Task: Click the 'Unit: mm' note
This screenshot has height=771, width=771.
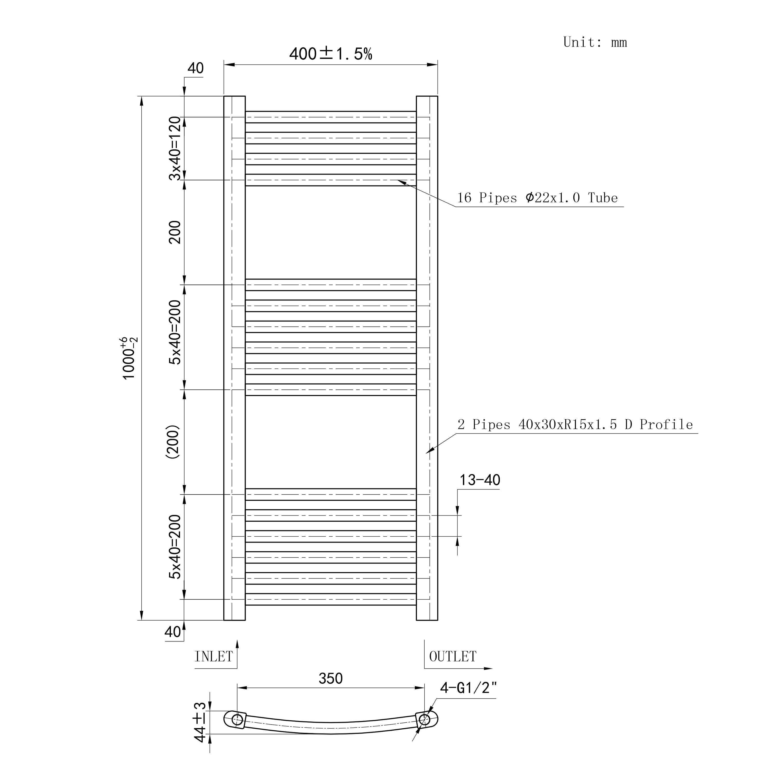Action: (x=595, y=42)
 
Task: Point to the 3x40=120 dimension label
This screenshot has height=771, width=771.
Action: (x=175, y=149)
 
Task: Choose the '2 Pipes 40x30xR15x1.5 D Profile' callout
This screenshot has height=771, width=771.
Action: (x=575, y=424)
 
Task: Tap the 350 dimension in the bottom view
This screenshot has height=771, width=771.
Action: (x=331, y=678)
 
